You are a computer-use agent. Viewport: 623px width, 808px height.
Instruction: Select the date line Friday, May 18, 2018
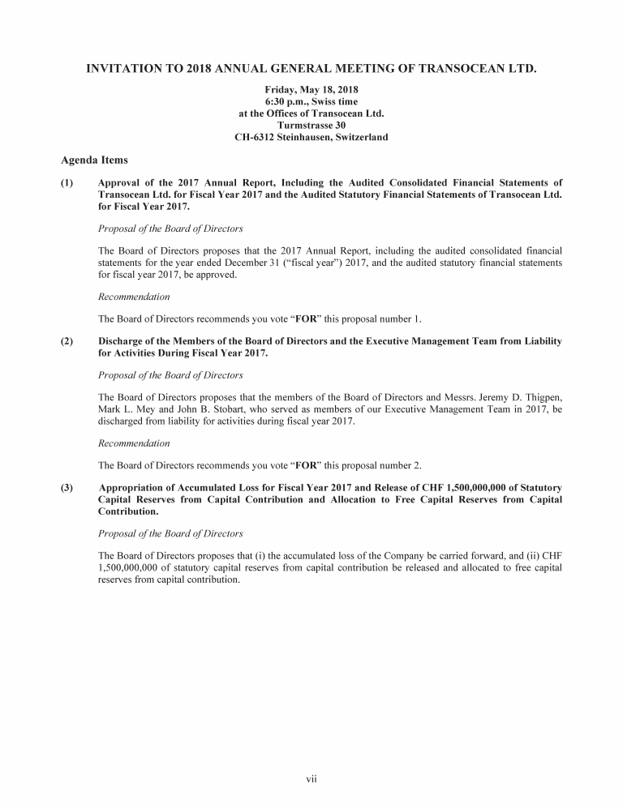pyautogui.click(x=311, y=88)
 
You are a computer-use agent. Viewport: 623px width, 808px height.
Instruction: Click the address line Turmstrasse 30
pyautogui.click(x=311, y=126)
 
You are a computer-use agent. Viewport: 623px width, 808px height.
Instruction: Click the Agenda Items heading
pyautogui.click(x=94, y=160)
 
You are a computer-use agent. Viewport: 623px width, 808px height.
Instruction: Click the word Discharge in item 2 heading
pyautogui.click(x=122, y=342)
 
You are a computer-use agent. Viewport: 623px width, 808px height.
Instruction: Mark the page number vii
pyautogui.click(x=311, y=780)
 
